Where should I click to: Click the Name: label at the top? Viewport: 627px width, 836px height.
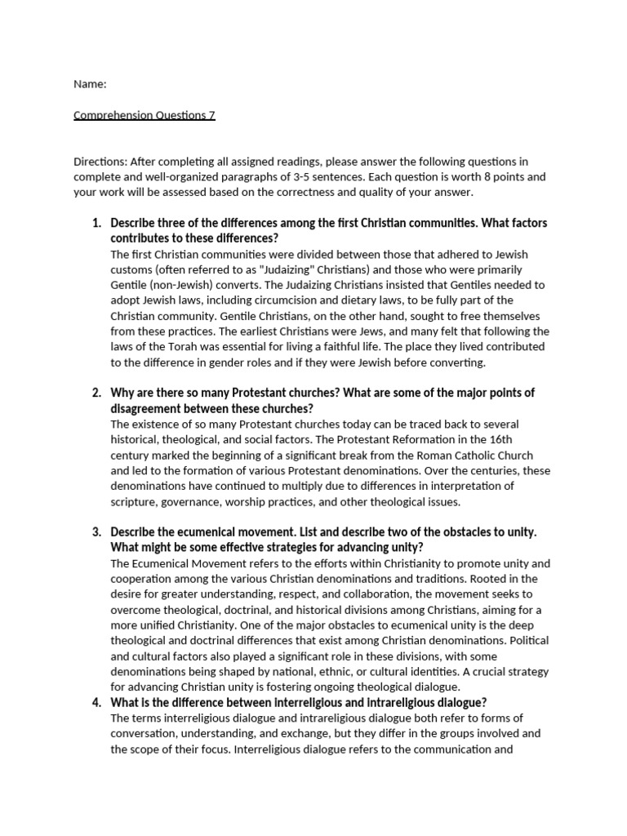point(90,84)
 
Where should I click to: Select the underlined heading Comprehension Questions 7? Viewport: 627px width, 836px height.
point(145,115)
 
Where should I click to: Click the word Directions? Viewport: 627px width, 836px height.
point(100,162)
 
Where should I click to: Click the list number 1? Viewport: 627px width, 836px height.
point(95,223)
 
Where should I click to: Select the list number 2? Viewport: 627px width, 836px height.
point(95,393)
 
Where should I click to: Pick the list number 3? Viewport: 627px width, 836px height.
point(95,531)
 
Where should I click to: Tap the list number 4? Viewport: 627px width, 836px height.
point(95,703)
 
